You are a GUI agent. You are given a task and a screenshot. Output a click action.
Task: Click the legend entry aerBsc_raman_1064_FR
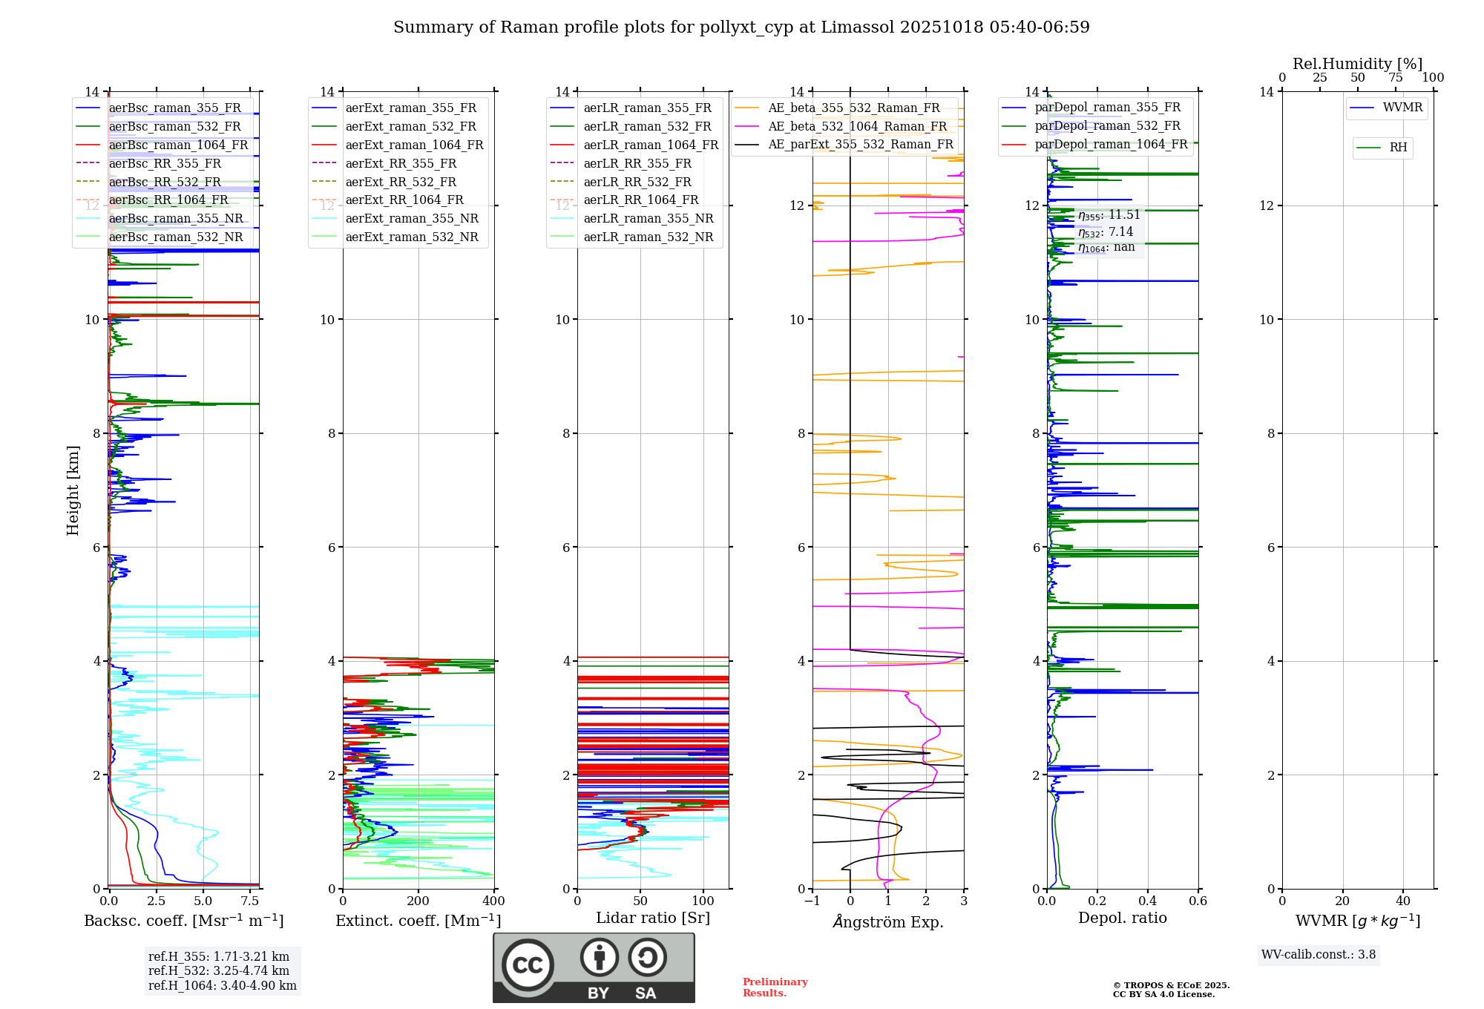click(x=178, y=145)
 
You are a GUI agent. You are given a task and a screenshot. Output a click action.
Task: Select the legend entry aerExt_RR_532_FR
click(x=401, y=182)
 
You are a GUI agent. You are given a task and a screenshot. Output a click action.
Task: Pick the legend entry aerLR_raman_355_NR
click(x=648, y=219)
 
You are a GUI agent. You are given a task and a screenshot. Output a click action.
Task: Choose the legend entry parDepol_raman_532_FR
click(x=1107, y=126)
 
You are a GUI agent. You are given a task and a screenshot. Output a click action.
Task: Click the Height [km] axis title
click(x=73, y=490)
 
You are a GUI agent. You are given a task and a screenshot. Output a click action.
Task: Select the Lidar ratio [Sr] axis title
click(x=653, y=918)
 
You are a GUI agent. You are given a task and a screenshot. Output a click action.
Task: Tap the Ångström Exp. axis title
click(x=888, y=922)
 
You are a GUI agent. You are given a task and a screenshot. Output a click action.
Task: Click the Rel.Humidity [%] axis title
click(x=1357, y=64)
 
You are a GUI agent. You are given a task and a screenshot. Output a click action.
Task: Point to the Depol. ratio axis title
click(x=1122, y=918)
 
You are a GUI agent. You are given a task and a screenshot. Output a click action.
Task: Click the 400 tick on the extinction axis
click(x=494, y=901)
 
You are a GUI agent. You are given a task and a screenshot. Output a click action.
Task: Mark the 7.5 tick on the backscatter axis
click(x=250, y=901)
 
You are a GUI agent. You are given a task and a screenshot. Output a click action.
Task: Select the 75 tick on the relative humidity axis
click(x=1395, y=78)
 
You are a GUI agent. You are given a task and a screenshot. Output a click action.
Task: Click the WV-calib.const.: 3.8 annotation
click(x=1319, y=955)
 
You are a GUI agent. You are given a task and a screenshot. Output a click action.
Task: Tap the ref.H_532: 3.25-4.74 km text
click(x=219, y=971)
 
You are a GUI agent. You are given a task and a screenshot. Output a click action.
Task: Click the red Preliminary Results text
click(x=775, y=987)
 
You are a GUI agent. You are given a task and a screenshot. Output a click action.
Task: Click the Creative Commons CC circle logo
click(x=528, y=965)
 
